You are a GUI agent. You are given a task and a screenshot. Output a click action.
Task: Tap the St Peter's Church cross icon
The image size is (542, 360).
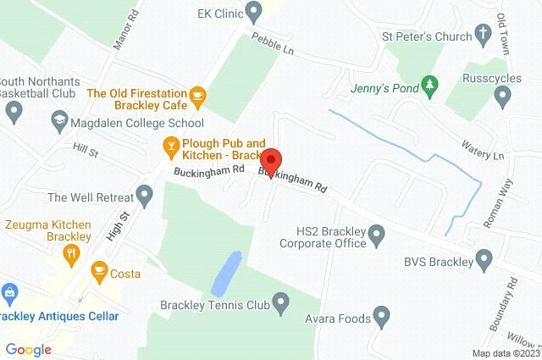tap(483, 36)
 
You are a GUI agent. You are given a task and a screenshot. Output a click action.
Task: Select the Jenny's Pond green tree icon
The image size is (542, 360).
tap(431, 85)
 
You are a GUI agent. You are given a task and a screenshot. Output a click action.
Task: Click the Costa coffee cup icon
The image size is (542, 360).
tap(99, 271)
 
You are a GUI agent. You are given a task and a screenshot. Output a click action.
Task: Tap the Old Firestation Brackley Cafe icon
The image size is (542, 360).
tap(197, 95)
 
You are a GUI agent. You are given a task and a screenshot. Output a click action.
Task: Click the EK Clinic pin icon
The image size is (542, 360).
tap(253, 12)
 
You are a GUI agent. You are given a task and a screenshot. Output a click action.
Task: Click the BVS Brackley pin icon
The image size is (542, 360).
tap(484, 258)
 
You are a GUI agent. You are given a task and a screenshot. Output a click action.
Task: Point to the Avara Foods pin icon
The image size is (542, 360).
tap(382, 318)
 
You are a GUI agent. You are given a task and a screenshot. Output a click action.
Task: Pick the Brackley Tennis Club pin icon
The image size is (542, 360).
tap(281, 301)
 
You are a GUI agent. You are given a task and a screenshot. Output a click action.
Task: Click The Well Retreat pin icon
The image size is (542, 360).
tap(145, 197)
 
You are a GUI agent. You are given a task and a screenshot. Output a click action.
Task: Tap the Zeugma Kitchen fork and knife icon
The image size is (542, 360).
tap(74, 251)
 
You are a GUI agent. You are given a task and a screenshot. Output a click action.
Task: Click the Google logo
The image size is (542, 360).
tap(28, 349)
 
